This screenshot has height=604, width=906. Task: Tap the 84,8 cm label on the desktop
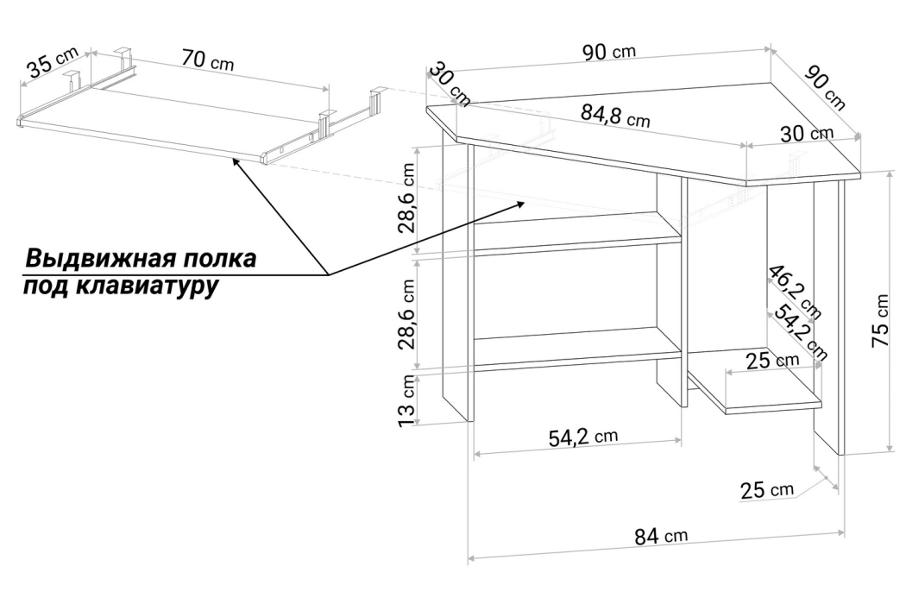(613, 117)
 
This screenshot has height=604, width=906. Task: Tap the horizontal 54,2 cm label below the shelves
(583, 437)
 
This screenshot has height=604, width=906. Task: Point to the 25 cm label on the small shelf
(772, 361)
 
